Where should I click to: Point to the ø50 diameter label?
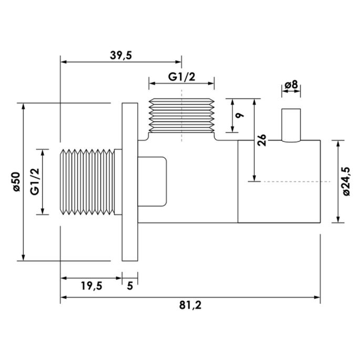[x=15, y=181]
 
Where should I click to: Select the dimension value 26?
[x=263, y=140]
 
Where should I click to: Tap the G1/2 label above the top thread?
[x=182, y=77]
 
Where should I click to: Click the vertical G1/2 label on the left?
[x=35, y=181]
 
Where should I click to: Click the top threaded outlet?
[x=182, y=116]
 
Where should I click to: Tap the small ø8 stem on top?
[x=291, y=125]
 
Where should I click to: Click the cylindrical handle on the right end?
[x=279, y=181]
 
